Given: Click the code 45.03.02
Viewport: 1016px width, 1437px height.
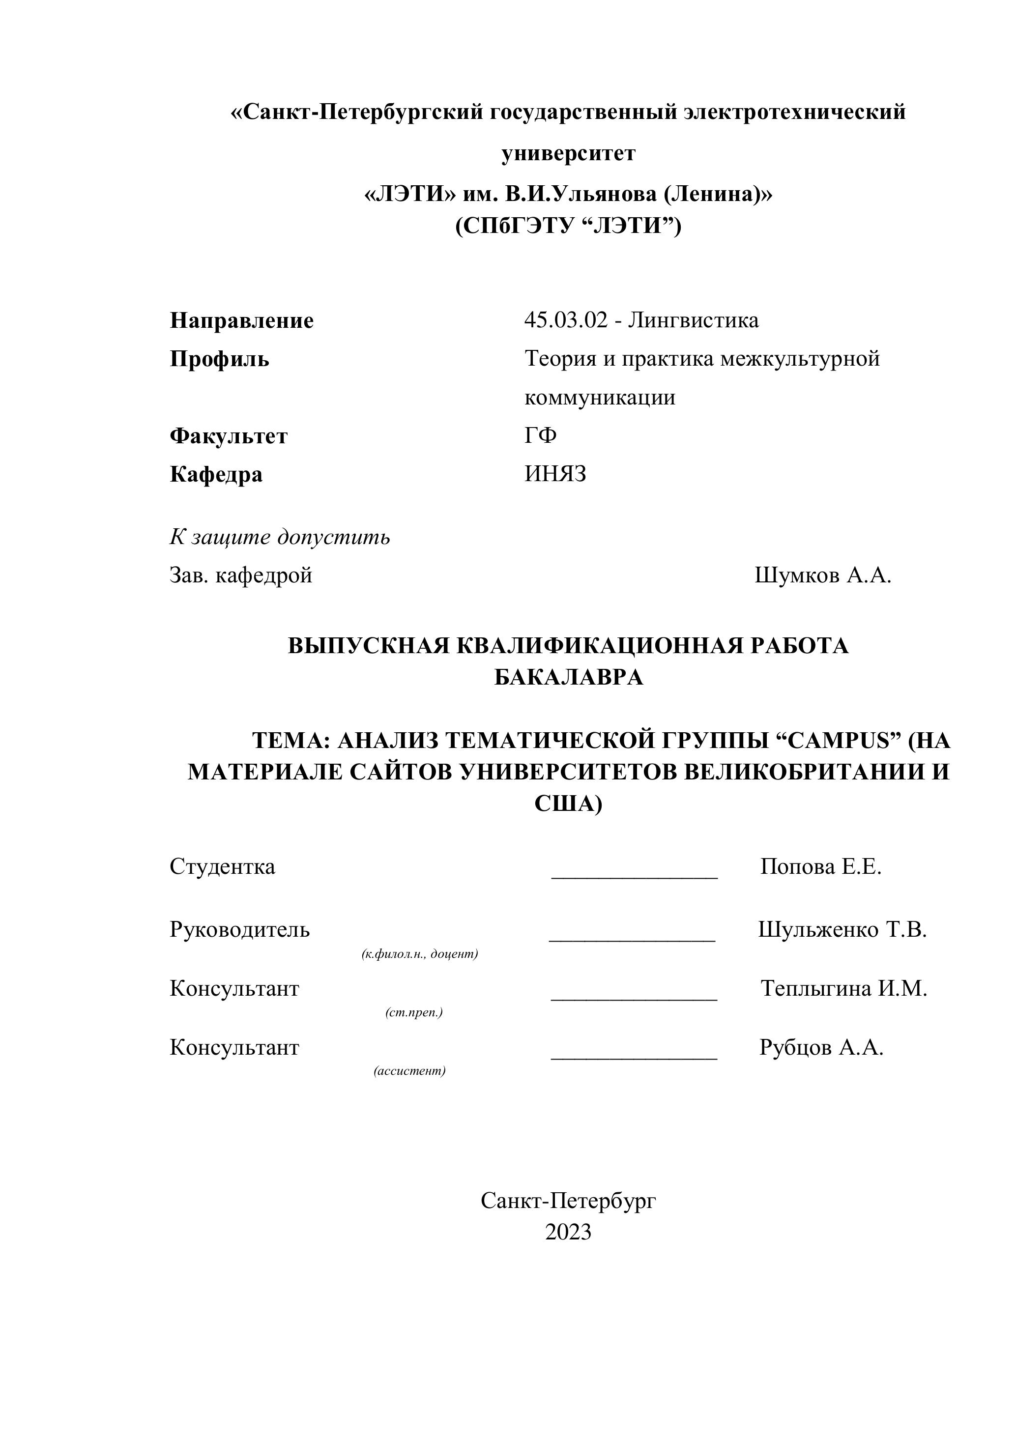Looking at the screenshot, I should click(x=566, y=320).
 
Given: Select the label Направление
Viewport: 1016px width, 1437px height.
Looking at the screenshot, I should click(x=242, y=320).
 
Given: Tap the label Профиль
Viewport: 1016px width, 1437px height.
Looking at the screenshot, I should click(x=219, y=359).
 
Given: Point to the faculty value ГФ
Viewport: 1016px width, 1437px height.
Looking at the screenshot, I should click(x=540, y=435).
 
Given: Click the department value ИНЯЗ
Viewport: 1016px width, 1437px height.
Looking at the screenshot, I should click(x=555, y=474).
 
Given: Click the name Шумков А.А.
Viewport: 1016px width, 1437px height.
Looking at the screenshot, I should click(x=822, y=575).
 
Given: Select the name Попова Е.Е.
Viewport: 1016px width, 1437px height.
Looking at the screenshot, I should click(x=821, y=867).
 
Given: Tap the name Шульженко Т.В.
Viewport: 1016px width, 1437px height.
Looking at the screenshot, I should click(x=842, y=929).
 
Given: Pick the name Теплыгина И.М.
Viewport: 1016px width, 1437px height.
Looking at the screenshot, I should click(x=843, y=988).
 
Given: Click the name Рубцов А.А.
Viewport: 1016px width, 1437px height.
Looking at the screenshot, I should click(x=821, y=1047).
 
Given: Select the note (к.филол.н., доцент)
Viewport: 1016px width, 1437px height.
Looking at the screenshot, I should click(x=419, y=954).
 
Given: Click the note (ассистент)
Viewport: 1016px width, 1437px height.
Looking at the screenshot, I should click(x=409, y=1071).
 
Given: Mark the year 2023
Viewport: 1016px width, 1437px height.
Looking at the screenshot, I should click(x=568, y=1232).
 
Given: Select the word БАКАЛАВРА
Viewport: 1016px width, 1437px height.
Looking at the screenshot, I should click(x=568, y=677).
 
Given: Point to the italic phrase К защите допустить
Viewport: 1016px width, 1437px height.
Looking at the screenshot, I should click(x=280, y=537).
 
